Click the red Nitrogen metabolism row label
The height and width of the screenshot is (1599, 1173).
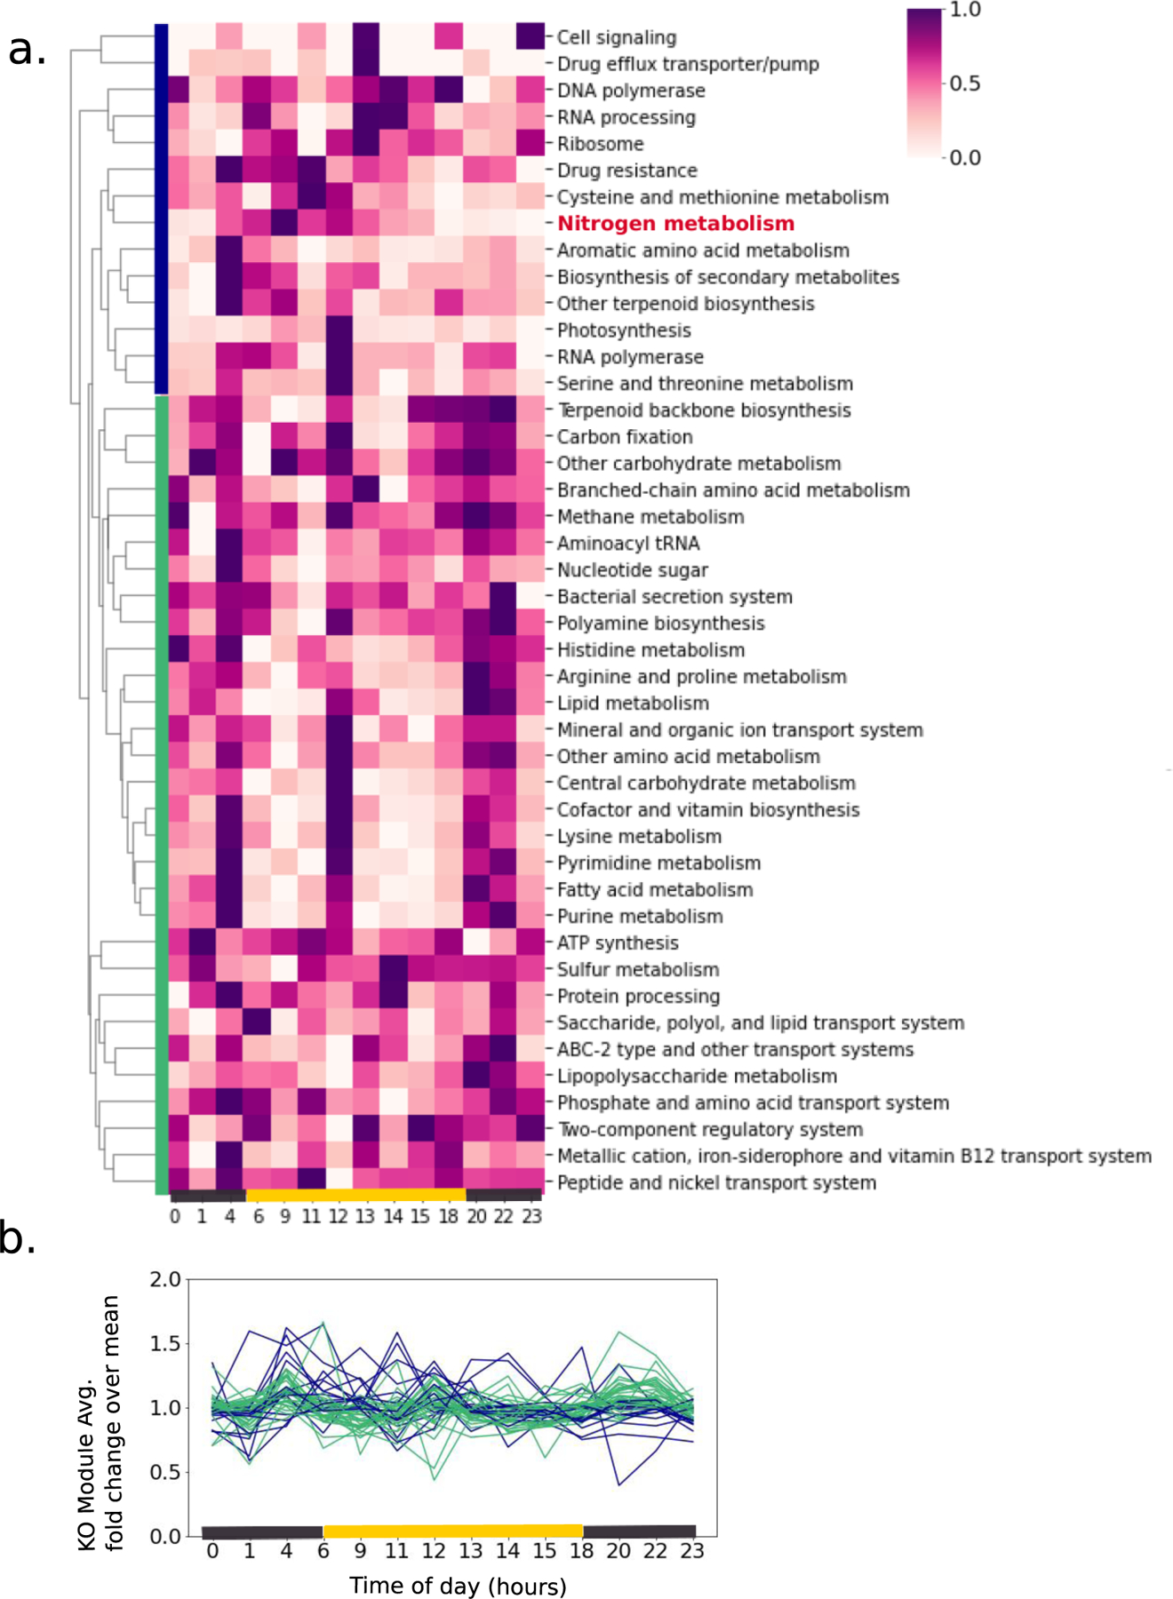pos(675,224)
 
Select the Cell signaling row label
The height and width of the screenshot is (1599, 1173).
pos(617,37)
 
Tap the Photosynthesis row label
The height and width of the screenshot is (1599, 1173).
pos(624,330)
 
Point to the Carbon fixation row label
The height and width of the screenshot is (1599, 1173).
pos(625,437)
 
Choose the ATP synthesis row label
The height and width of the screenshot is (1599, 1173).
pos(618,943)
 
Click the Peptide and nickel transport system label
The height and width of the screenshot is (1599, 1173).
pos(716,1183)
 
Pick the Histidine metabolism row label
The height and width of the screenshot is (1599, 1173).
pos(650,650)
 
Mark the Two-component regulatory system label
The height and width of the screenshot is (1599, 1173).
pos(710,1130)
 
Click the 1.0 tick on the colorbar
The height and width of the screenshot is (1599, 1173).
pos(965,10)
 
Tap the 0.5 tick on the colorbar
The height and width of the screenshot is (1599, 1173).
pos(965,84)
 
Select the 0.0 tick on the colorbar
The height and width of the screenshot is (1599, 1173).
pos(965,158)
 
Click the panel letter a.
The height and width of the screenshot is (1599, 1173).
pos(27,50)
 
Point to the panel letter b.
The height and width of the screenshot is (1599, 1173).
pos(18,1238)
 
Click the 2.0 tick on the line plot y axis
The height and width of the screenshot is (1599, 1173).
pos(165,1279)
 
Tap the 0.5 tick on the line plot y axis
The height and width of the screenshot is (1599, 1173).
pos(165,1472)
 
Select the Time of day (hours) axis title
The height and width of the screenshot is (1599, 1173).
pos(458,1586)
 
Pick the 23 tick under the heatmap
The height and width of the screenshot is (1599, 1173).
pos(531,1216)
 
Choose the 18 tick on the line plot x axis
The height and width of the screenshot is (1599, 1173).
pos(582,1551)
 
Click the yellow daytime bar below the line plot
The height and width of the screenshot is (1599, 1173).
pos(453,1531)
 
